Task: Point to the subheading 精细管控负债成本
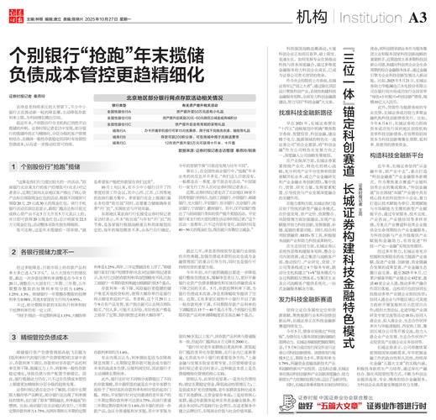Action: pyautogui.click(x=50, y=313)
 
